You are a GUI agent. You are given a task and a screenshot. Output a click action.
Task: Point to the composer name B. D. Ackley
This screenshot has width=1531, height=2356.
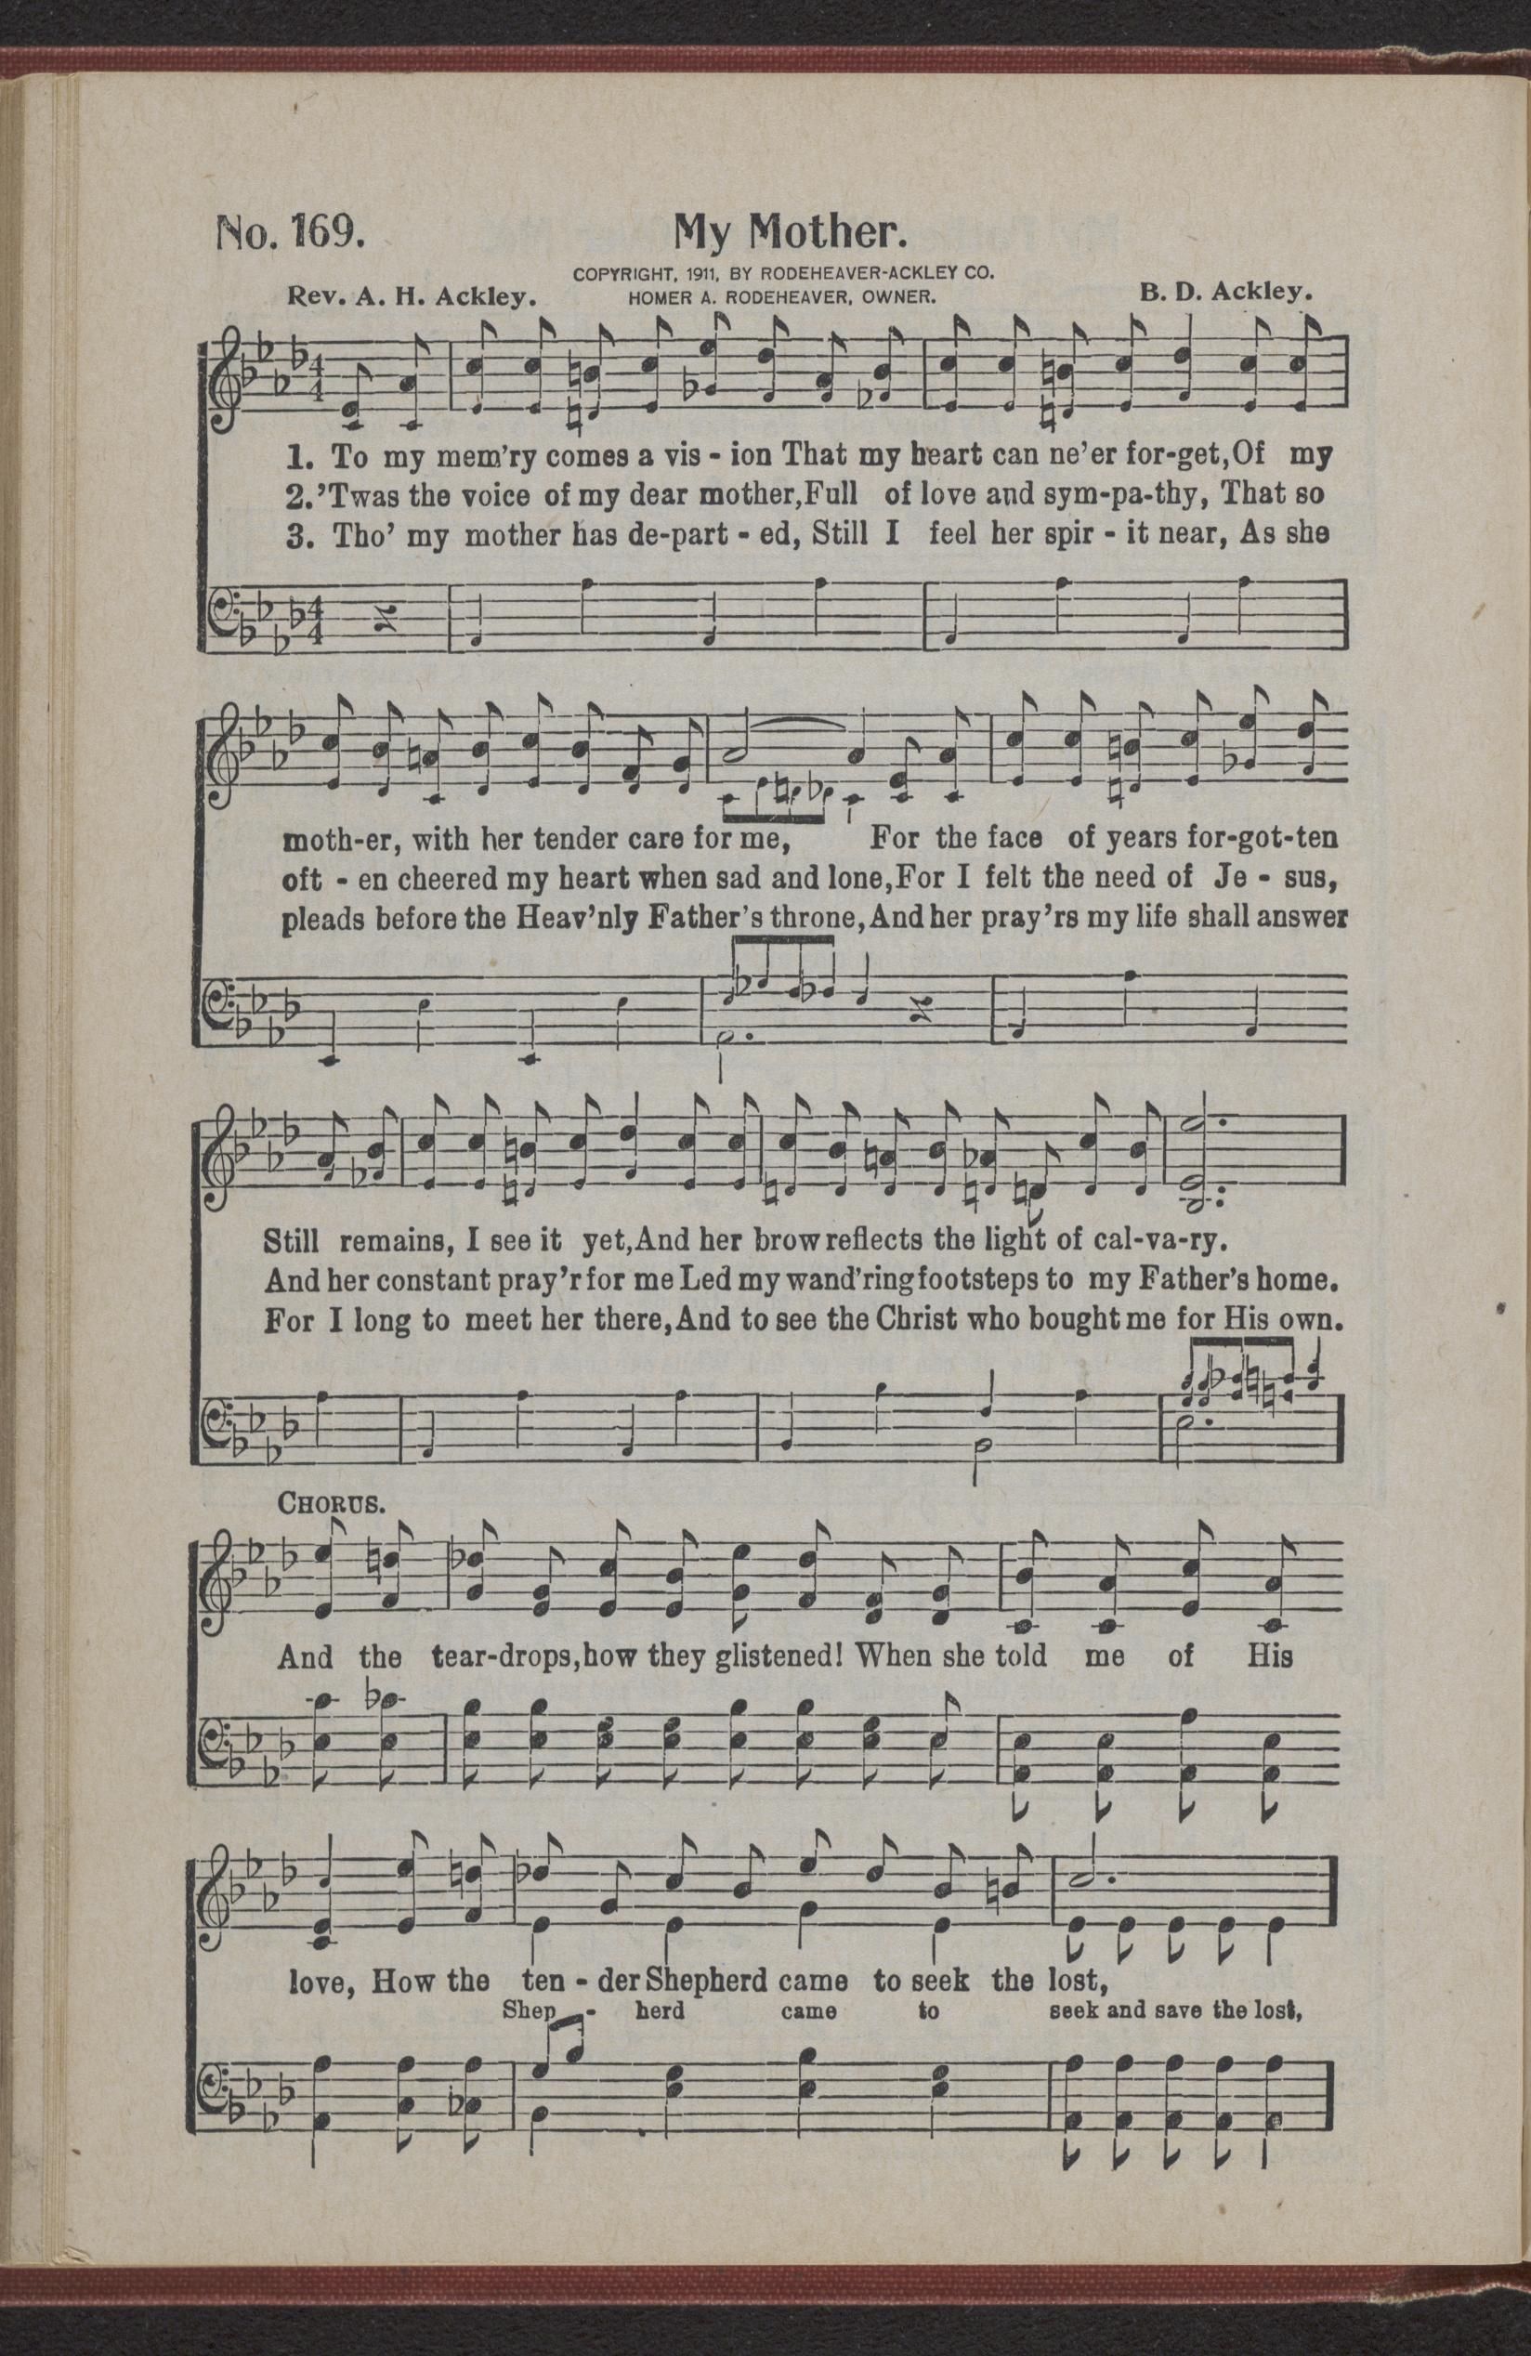point(1225,293)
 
